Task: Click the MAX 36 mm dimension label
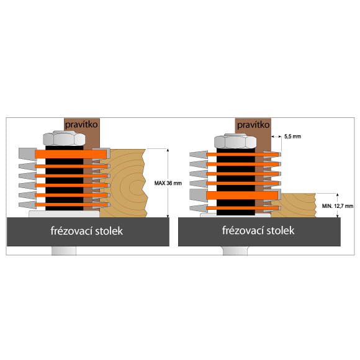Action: click(168, 183)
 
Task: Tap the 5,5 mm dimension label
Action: click(292, 137)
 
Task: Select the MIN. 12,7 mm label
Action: click(338, 206)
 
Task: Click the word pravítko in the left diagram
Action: click(81, 125)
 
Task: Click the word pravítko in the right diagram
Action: click(253, 125)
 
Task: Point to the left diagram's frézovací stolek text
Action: click(87, 231)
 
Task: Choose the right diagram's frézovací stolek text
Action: click(258, 230)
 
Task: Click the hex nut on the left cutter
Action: click(64, 138)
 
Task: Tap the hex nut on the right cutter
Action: click(235, 141)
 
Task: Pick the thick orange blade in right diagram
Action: click(242, 196)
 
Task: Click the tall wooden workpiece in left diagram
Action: click(124, 183)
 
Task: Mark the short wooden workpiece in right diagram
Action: click(293, 205)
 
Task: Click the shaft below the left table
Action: click(64, 251)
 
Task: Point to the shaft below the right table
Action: click(235, 251)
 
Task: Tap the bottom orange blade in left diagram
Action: click(72, 205)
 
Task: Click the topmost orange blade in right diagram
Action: click(243, 155)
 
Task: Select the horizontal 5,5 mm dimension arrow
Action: click(276, 137)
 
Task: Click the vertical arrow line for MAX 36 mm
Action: click(168, 183)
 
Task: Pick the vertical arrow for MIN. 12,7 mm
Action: click(337, 205)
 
